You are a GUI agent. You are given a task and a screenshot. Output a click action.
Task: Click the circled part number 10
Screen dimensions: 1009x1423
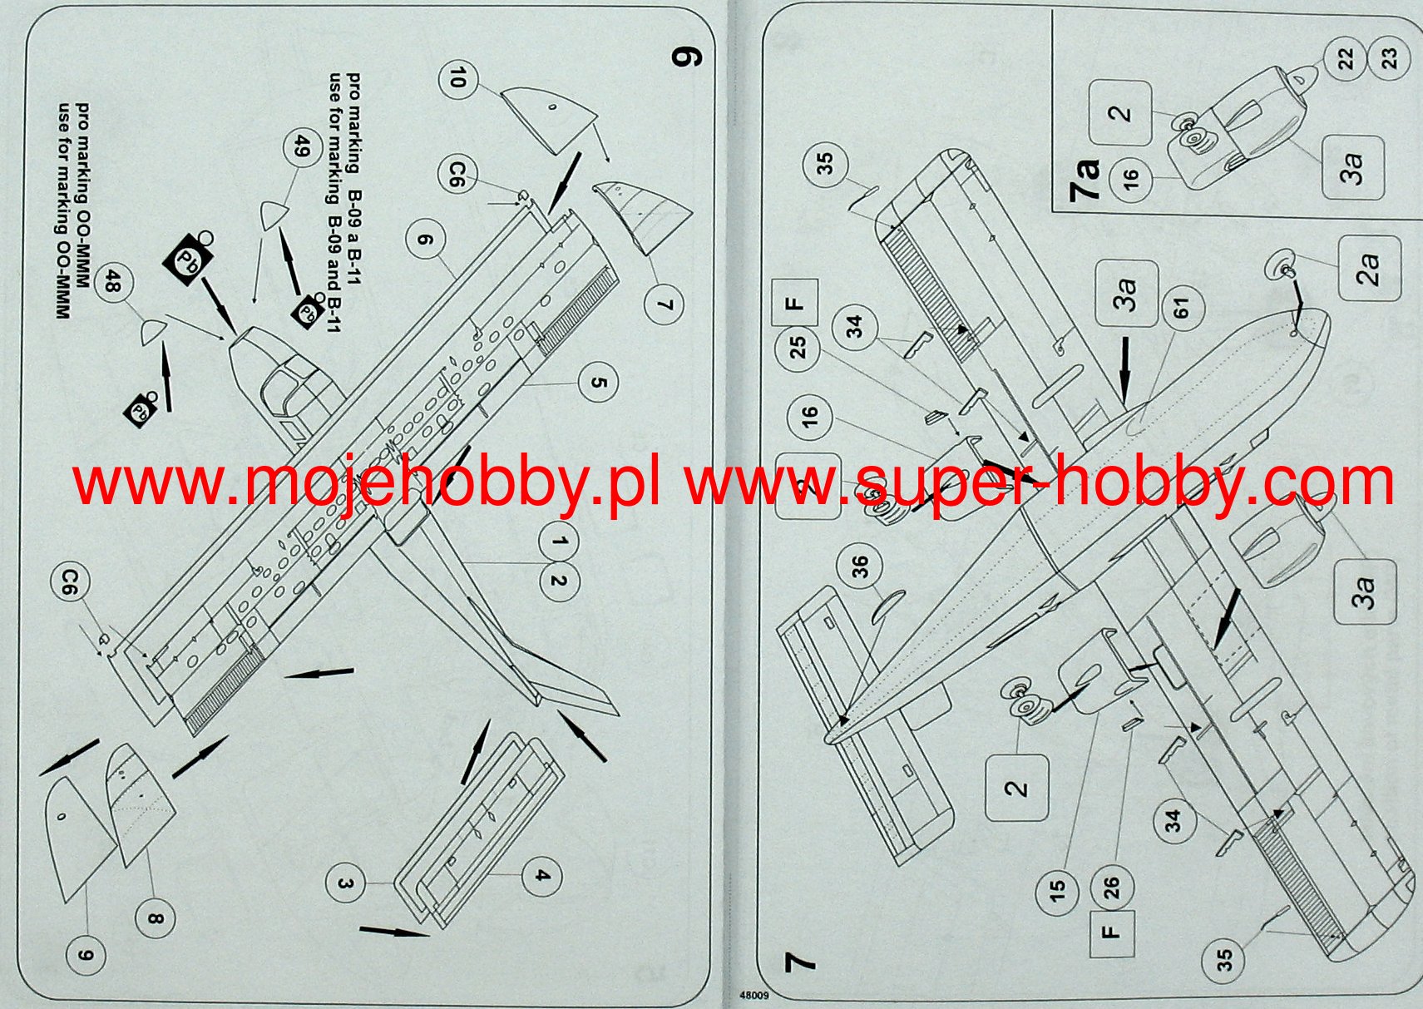click(457, 79)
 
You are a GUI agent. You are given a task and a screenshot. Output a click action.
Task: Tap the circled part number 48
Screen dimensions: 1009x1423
click(114, 284)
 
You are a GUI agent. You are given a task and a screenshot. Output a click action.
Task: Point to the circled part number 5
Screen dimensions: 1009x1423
click(598, 383)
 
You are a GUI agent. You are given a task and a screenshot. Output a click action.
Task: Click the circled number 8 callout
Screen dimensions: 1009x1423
click(156, 919)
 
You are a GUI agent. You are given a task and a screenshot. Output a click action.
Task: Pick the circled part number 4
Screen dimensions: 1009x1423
click(541, 876)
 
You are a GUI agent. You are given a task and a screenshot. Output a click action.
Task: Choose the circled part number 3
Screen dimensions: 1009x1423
click(346, 884)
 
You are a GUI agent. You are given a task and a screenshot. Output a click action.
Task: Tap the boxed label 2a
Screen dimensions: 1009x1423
click(1369, 268)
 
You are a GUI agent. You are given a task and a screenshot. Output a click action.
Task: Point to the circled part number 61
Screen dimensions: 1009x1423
click(1182, 307)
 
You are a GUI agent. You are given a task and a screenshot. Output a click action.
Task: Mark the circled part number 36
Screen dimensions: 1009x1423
click(860, 566)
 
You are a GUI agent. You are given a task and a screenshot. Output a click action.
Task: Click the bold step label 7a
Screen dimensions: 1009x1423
click(1085, 179)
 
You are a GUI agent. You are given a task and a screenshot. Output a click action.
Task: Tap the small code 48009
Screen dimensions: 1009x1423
click(753, 994)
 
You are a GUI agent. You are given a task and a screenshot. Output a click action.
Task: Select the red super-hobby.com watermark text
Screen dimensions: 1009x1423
click(1040, 482)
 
